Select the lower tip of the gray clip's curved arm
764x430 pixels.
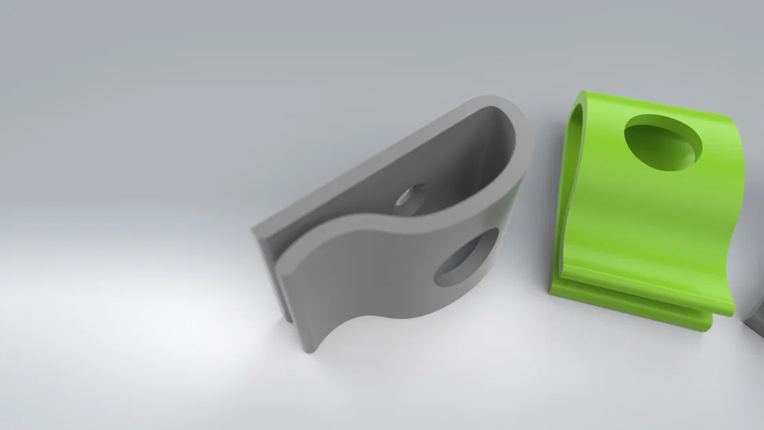click(x=311, y=344)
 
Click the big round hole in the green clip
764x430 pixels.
click(x=664, y=142)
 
